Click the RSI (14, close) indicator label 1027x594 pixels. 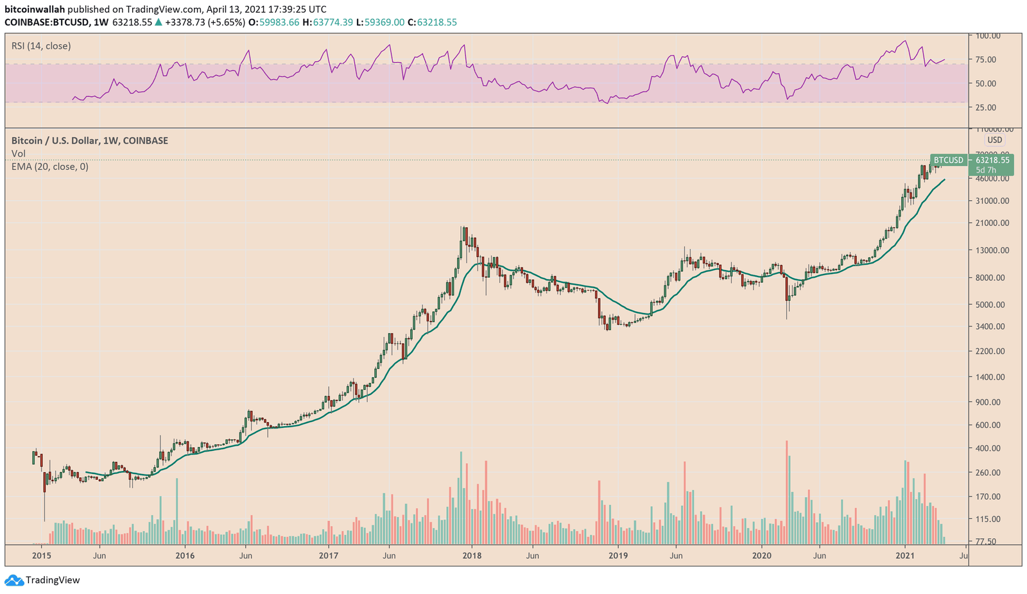pyautogui.click(x=41, y=46)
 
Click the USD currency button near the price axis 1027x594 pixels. pyautogui.click(x=994, y=140)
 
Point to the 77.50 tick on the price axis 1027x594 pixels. pyautogui.click(x=985, y=541)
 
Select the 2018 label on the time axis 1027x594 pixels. pyautogui.click(x=472, y=556)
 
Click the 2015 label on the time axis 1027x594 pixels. pyautogui.click(x=41, y=556)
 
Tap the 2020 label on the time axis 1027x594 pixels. pyautogui.click(x=761, y=556)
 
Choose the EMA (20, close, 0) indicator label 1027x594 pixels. pyautogui.click(x=50, y=167)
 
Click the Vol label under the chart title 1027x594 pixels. pyautogui.click(x=19, y=154)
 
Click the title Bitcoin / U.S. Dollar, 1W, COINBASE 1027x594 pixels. pyautogui.click(x=90, y=140)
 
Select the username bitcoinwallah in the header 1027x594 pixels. pyautogui.click(x=35, y=10)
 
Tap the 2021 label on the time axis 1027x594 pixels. pyautogui.click(x=904, y=556)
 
